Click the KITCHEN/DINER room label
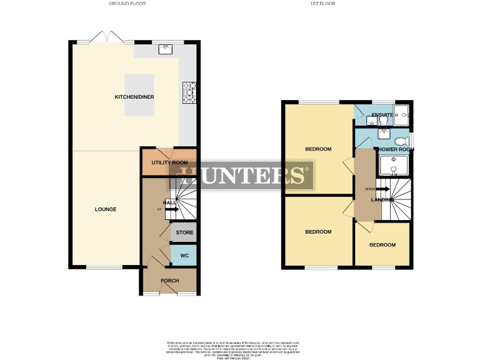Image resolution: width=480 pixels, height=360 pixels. pos(134,97)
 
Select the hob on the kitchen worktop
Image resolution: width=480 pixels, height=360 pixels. pos(188,92)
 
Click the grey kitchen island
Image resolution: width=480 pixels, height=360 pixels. pos(139,95)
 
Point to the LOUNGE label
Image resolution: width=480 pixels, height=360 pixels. pos(106,209)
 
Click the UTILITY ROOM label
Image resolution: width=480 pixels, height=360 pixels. pos(169,162)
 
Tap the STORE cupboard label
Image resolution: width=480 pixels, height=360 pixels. pos(184,232)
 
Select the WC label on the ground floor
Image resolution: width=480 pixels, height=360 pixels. pos(184,256)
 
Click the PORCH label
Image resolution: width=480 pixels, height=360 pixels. pos(170,281)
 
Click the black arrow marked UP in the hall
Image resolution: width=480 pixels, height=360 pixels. pos(172,209)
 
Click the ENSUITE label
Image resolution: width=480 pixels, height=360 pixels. pos(381,116)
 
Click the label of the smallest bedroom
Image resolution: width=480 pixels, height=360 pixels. pos(382,245)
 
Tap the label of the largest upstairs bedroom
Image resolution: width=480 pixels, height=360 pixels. pos(318,149)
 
